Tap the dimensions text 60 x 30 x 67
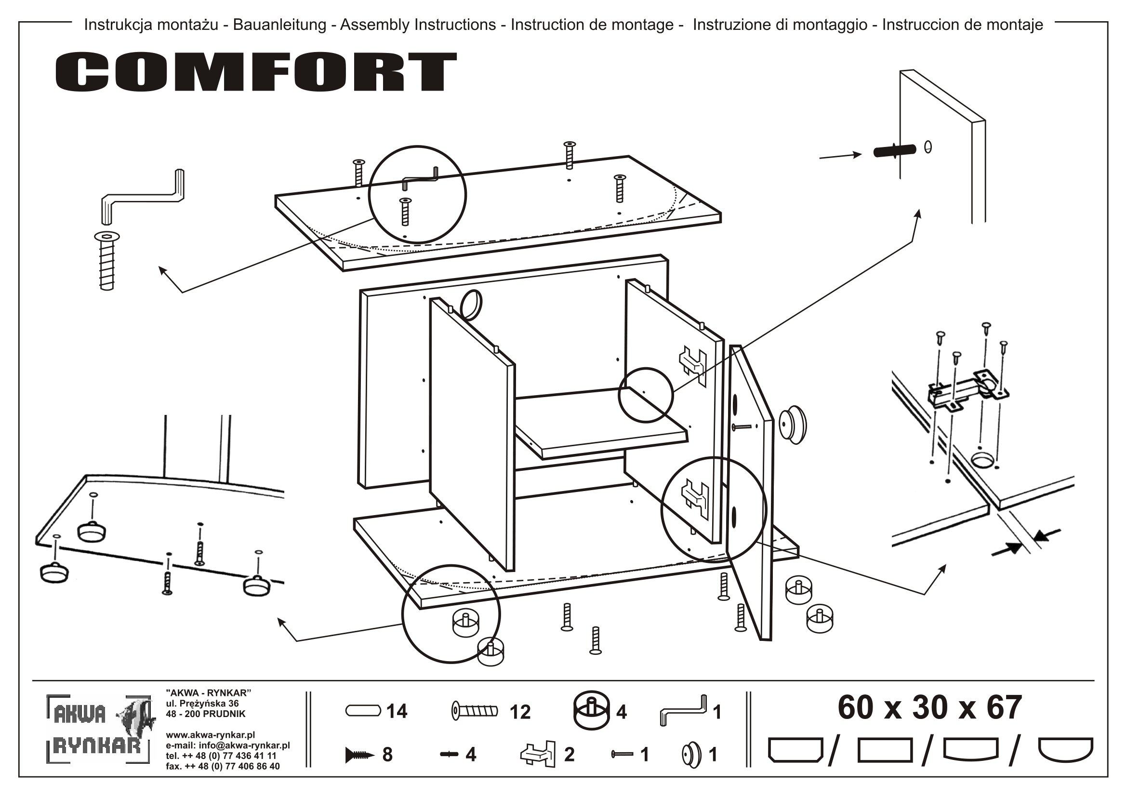(x=929, y=708)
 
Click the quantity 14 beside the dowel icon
(x=397, y=712)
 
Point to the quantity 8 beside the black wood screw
(x=387, y=755)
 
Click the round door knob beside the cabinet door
(x=793, y=426)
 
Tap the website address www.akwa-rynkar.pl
(x=210, y=735)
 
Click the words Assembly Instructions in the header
(x=418, y=25)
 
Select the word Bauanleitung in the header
(x=279, y=25)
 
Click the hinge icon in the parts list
(x=538, y=753)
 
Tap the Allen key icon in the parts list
(x=683, y=712)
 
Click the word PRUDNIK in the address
(x=224, y=714)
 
